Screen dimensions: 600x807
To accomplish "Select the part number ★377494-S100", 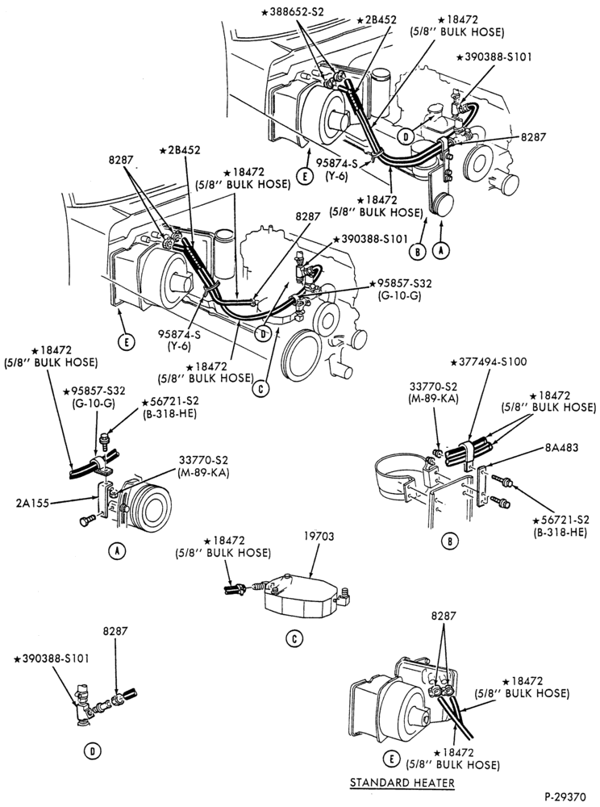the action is click(x=489, y=362).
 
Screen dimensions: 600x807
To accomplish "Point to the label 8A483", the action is click(x=563, y=447).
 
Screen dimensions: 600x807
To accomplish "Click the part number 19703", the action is click(x=319, y=537).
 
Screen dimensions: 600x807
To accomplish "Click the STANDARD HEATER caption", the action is click(x=402, y=783).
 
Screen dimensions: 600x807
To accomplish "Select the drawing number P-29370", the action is click(x=565, y=797).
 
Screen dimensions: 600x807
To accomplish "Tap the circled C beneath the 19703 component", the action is click(x=294, y=638).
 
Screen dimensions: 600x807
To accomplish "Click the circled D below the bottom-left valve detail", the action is click(x=92, y=751).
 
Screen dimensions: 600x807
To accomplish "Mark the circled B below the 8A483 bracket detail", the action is click(x=450, y=541).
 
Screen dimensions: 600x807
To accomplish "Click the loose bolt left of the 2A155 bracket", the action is click(x=88, y=521).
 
